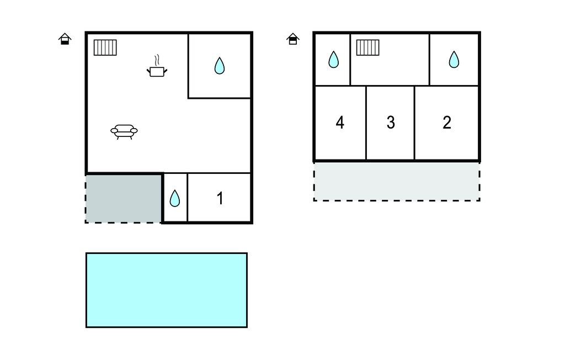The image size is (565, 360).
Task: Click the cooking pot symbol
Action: [x=157, y=71]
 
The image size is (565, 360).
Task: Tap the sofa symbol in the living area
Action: [x=124, y=131]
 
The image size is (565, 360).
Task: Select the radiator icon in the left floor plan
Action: [x=105, y=47]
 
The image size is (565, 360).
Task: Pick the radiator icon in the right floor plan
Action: [x=367, y=47]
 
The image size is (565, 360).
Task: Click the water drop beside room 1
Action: [x=175, y=198]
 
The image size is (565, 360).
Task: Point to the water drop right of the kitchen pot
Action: [x=220, y=66]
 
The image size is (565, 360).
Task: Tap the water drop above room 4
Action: [x=333, y=59]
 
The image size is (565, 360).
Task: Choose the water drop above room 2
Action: [x=454, y=59]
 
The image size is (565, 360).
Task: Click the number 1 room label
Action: [x=220, y=198]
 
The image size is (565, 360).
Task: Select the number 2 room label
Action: [x=447, y=123]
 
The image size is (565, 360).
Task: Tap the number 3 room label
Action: [x=391, y=123]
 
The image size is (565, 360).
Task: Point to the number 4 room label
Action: [x=340, y=123]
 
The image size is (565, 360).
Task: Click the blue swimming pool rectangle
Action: [x=166, y=290]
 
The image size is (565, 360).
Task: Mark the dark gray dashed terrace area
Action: [x=124, y=198]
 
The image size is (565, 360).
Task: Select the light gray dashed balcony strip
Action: [x=396, y=181]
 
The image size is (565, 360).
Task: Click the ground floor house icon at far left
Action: [x=65, y=39]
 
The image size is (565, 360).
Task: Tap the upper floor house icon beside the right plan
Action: [x=293, y=39]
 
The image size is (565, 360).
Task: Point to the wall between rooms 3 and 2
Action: [x=414, y=123]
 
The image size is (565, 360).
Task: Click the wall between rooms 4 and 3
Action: [x=366, y=123]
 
